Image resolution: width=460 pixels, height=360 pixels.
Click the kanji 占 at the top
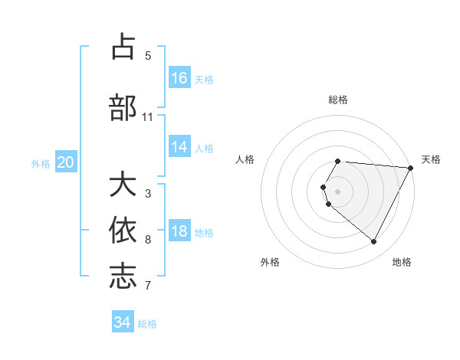point(123,47)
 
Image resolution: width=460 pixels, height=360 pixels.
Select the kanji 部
point(123,108)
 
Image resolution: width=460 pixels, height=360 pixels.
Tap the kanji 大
point(123,185)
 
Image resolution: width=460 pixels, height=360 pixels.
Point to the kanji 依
point(123,231)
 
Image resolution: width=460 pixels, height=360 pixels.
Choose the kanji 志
point(123,277)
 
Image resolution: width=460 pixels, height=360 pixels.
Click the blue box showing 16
point(179,78)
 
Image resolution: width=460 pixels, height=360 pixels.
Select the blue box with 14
point(179,147)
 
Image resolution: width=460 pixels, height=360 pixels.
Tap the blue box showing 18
point(179,232)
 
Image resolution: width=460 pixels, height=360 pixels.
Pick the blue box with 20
point(66,162)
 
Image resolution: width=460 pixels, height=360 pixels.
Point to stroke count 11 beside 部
point(148,117)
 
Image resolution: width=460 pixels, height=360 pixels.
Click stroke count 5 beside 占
point(148,56)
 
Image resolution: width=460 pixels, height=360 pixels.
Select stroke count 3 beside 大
point(148,194)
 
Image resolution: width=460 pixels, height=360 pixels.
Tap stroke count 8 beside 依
point(148,240)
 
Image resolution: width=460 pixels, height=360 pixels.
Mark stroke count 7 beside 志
point(148,286)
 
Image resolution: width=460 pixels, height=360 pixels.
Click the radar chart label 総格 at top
point(338,100)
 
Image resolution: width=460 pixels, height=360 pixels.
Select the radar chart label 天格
point(431,159)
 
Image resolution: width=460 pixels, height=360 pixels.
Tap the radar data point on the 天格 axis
point(410,168)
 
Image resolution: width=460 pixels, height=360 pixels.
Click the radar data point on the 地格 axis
point(374,242)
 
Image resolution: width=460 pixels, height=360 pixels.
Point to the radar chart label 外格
point(270,262)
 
